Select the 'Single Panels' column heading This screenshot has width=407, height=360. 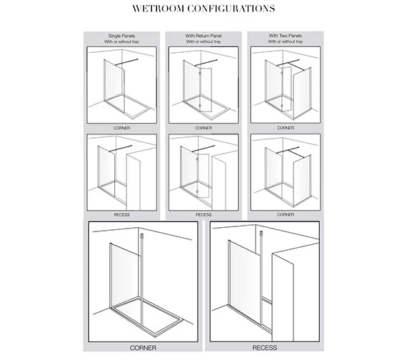[121, 36]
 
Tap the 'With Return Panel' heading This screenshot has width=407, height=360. [203, 36]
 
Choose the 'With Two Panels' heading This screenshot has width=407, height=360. [284, 36]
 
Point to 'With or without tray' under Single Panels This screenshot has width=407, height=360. [121, 41]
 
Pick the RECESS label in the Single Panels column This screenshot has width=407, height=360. [121, 213]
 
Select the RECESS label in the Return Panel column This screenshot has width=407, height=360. [203, 213]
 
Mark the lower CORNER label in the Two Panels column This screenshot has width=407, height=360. [284, 213]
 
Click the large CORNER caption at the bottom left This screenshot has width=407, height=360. [142, 348]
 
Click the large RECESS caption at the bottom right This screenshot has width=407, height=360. [264, 348]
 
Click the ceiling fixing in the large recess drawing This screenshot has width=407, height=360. [261, 234]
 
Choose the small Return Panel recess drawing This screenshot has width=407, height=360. [203, 171]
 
